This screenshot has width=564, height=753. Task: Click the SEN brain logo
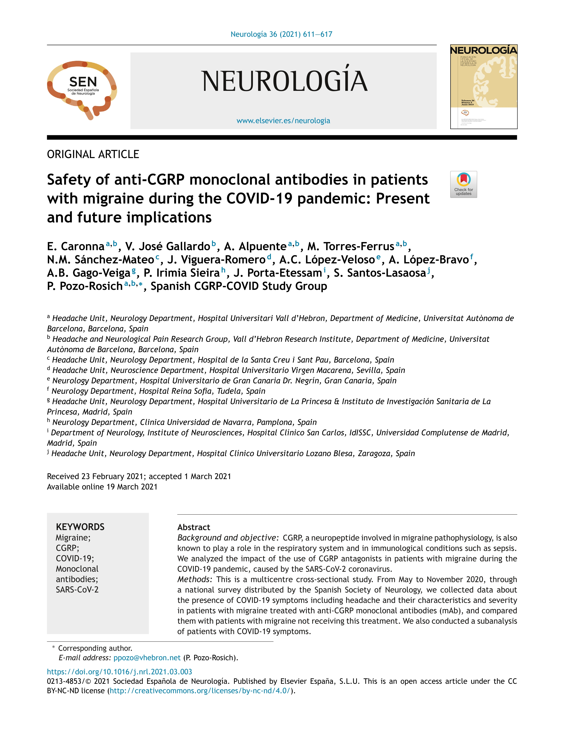(x=82, y=89)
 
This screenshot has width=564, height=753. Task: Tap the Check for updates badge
(x=463, y=184)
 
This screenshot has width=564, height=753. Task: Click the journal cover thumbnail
(x=483, y=87)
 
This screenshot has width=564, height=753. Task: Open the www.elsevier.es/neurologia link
(x=283, y=120)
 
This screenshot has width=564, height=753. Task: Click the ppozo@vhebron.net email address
(x=147, y=657)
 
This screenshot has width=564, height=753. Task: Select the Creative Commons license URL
(x=200, y=691)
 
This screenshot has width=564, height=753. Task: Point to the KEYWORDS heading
(x=80, y=527)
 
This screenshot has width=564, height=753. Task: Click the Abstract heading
(x=194, y=527)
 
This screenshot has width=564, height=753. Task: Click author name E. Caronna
(x=76, y=246)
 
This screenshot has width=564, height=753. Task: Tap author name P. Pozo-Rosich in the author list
(x=85, y=286)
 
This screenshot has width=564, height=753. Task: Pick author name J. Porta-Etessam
(x=277, y=273)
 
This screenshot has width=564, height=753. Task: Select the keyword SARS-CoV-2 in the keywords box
(x=77, y=589)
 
